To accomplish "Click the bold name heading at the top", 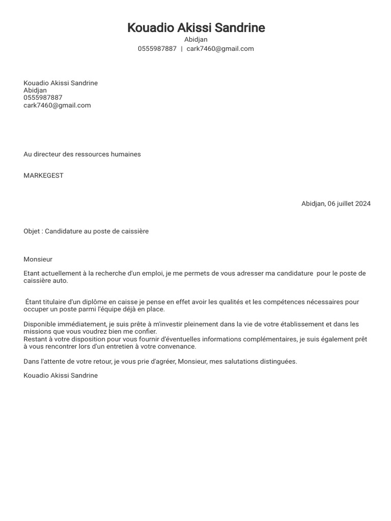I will pyautogui.click(x=196, y=28).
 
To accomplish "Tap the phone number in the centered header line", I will pyautogui.click(x=157, y=49).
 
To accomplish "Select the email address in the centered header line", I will pyautogui.click(x=220, y=49).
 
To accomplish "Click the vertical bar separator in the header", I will pyautogui.click(x=182, y=49).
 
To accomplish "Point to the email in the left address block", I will pyautogui.click(x=57, y=105).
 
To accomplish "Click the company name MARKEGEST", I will pyautogui.click(x=43, y=176).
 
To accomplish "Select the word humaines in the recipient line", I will pyautogui.click(x=124, y=154).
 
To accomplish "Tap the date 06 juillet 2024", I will pyautogui.click(x=349, y=204).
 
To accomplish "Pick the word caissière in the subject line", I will pyautogui.click(x=134, y=231).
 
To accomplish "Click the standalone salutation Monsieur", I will pyautogui.click(x=38, y=259).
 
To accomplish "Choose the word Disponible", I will pyautogui.click(x=40, y=324).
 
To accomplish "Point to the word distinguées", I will pyautogui.click(x=277, y=362).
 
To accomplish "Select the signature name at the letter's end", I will pyautogui.click(x=61, y=375).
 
